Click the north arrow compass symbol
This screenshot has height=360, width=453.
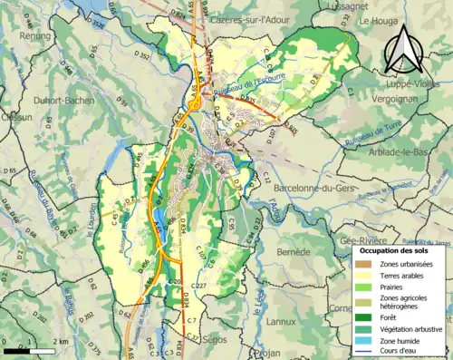coord(404,49)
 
